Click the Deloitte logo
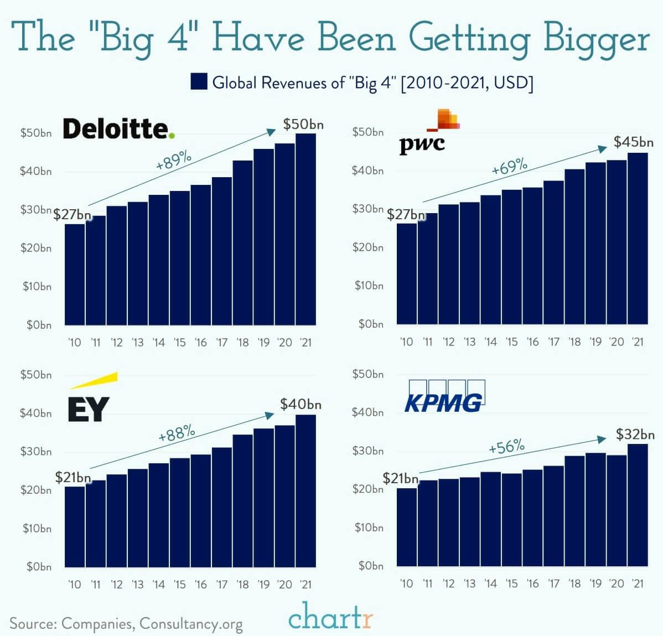pos(118,128)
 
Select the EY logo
pos(90,401)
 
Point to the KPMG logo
pos(445,397)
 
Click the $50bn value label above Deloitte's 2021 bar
pos(303,125)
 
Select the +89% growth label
pos(174,161)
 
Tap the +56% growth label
pos(506,446)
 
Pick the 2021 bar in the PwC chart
pos(638,238)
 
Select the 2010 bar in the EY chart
pos(75,526)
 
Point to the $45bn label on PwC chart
pos(634,142)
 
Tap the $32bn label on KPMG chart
pos(635,435)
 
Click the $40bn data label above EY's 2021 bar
pos(301,404)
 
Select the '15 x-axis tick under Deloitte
pos(180,342)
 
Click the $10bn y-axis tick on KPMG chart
pos(369,527)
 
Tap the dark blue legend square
pos(199,82)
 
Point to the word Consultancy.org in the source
pos(191,623)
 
